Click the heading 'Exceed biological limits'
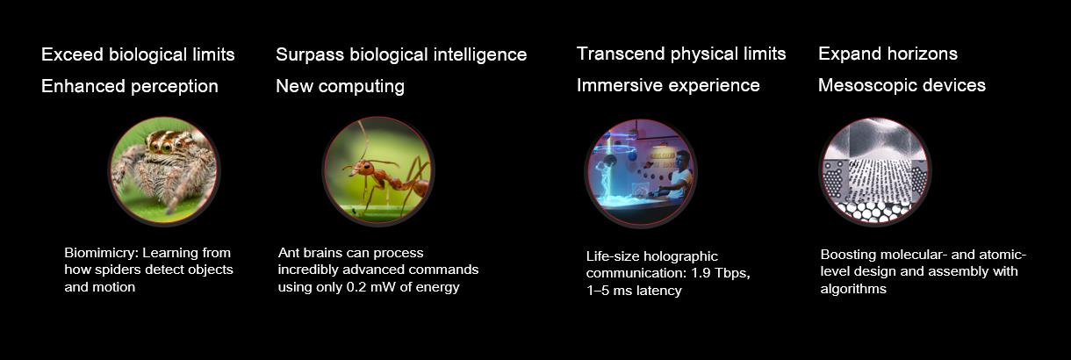pyautogui.click(x=138, y=54)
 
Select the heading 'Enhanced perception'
pyautogui.click(x=130, y=87)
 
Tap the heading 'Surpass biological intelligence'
pyautogui.click(x=401, y=55)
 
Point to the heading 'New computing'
pyautogui.click(x=340, y=87)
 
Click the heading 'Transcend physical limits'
pyautogui.click(x=681, y=54)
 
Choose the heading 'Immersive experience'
pyautogui.click(x=668, y=85)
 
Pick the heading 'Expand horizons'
pyautogui.click(x=888, y=54)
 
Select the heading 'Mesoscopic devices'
pyautogui.click(x=902, y=85)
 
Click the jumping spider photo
pyautogui.click(x=164, y=170)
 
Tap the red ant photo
pyautogui.click(x=378, y=170)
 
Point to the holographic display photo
pyautogui.click(x=641, y=173)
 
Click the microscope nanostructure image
pyautogui.click(x=875, y=171)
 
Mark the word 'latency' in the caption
pyautogui.click(x=658, y=291)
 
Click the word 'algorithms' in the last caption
pyautogui.click(x=853, y=289)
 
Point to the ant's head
pyautogui.click(x=366, y=168)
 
